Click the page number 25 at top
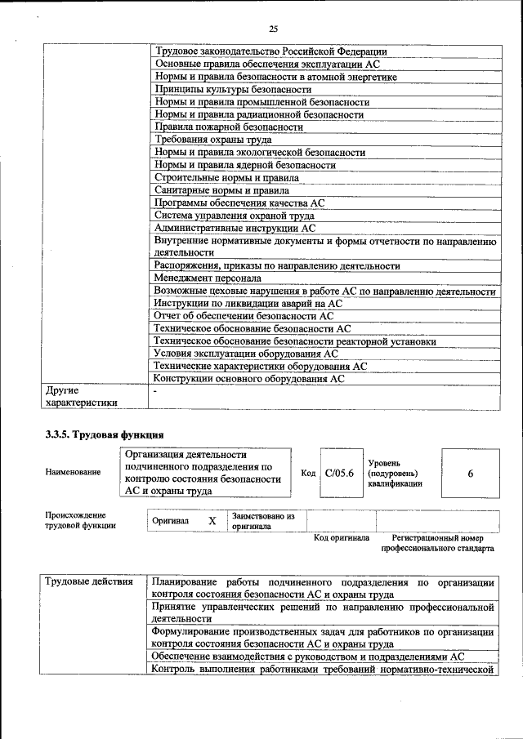click(273, 29)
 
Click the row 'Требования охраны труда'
click(213, 140)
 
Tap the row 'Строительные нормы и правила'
click(226, 177)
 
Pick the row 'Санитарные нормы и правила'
click(221, 190)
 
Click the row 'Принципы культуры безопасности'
click(233, 89)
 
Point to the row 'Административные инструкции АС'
click(235, 229)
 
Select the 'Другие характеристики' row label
click(82, 397)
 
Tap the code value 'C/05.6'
click(338, 473)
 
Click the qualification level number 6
click(470, 473)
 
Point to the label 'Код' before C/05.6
click(308, 473)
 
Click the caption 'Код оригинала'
click(342, 538)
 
